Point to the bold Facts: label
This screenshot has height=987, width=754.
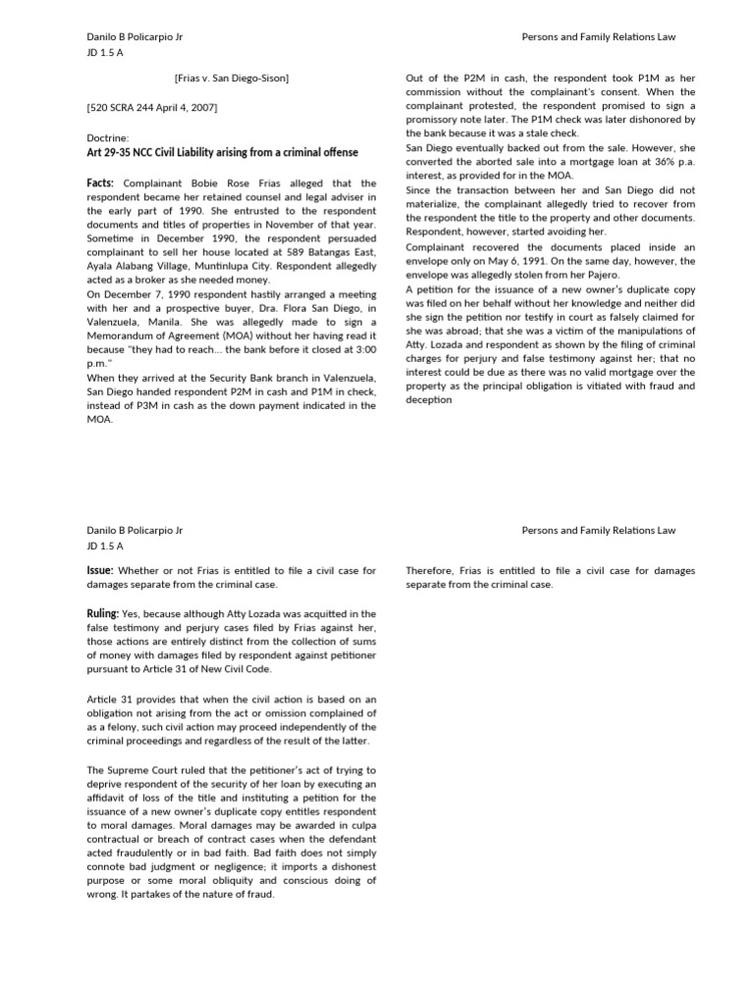pyautogui.click(x=102, y=183)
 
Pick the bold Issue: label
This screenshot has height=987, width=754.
pyautogui.click(x=103, y=569)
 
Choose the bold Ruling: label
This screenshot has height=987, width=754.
pyautogui.click(x=105, y=613)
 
